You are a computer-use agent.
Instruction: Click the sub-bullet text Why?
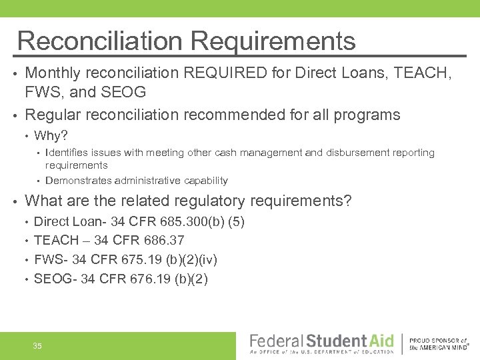click(51, 136)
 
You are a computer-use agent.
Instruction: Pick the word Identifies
click(71, 153)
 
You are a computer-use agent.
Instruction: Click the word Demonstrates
click(79, 181)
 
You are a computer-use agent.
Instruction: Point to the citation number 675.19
click(145, 259)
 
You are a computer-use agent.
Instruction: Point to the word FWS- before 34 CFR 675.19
click(51, 259)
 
